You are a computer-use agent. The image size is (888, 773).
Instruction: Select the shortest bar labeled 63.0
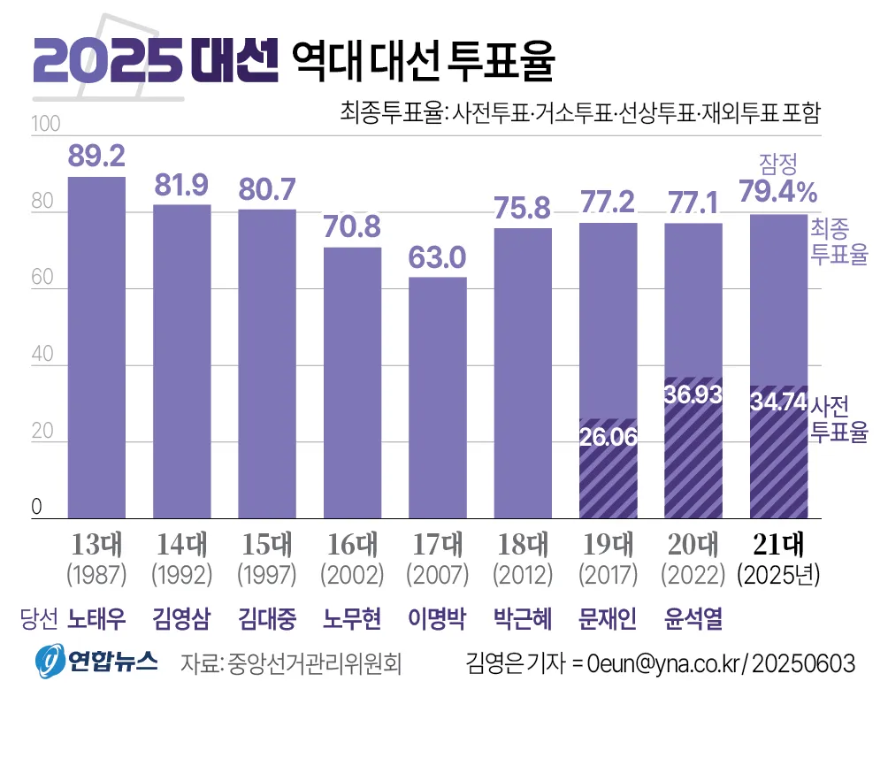coord(437,398)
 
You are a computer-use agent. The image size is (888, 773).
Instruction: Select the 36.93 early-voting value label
coord(693,394)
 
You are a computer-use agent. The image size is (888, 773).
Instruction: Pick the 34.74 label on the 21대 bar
coord(778,402)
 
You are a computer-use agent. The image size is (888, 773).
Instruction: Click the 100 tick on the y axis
coord(45,125)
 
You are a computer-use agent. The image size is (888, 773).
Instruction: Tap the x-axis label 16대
coord(352,542)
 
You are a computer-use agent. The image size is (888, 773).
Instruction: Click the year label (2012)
coord(523,575)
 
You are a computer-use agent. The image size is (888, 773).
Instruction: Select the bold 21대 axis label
coord(778,542)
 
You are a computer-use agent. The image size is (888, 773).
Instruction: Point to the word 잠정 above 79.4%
coord(778,163)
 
